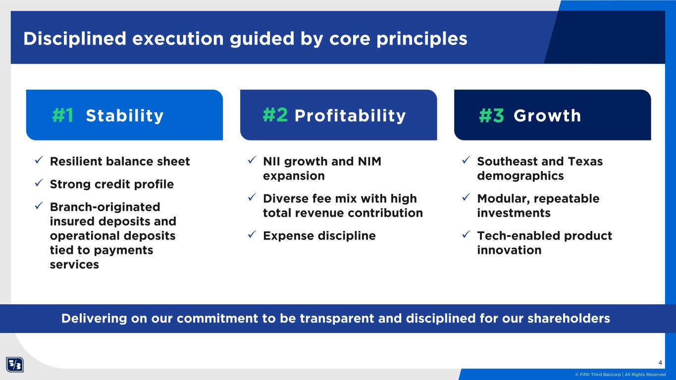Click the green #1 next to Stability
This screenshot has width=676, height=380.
click(63, 115)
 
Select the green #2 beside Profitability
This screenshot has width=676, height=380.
click(275, 115)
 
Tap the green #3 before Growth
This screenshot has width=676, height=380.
click(492, 115)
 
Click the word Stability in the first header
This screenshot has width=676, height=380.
click(125, 116)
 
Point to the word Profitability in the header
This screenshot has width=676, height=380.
click(350, 116)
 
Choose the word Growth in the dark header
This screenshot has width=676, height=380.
click(547, 115)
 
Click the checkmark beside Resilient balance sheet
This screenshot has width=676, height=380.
click(39, 160)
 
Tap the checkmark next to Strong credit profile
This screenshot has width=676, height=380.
click(39, 183)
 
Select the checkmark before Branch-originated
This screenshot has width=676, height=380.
click(39, 206)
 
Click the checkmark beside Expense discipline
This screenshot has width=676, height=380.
click(252, 235)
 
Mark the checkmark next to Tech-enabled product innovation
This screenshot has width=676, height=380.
click(466, 235)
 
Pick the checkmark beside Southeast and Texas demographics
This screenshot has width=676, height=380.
click(466, 160)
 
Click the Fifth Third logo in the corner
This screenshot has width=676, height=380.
click(14, 365)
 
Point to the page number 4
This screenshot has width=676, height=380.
click(660, 363)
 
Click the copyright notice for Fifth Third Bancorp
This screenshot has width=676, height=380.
click(620, 375)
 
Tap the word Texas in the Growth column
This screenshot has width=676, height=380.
click(585, 161)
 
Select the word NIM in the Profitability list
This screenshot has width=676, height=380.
click(369, 161)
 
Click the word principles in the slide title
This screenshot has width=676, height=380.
click(422, 39)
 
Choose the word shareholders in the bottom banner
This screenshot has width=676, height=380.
click(569, 319)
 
